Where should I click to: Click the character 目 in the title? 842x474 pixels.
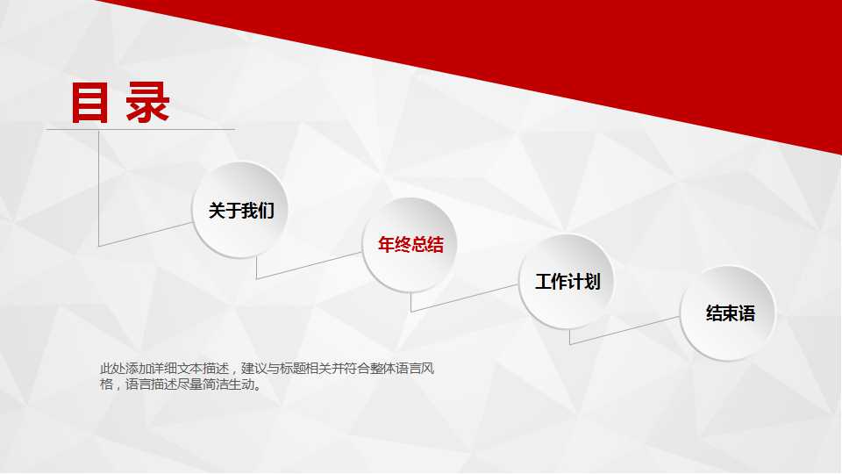coord(90,103)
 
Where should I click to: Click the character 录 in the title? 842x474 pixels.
coord(147,103)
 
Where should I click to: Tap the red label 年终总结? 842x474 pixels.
coord(410,245)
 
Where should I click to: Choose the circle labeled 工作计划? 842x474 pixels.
coord(567,282)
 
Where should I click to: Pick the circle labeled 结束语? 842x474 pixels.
coord(729,313)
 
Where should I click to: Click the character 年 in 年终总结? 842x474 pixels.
coord(386,245)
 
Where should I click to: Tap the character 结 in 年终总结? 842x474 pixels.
coord(435,245)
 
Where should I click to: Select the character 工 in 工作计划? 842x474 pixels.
coord(543,282)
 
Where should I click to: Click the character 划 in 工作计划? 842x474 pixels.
coord(592,282)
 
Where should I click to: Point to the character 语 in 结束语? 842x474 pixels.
coord(746,313)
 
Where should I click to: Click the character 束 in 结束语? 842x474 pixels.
coord(730,313)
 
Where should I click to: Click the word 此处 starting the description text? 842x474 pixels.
coord(108,369)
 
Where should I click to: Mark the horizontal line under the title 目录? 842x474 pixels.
coord(140,130)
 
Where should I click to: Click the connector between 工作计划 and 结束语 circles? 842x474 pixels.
coord(624,330)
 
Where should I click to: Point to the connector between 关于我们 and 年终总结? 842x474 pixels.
coord(309,265)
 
